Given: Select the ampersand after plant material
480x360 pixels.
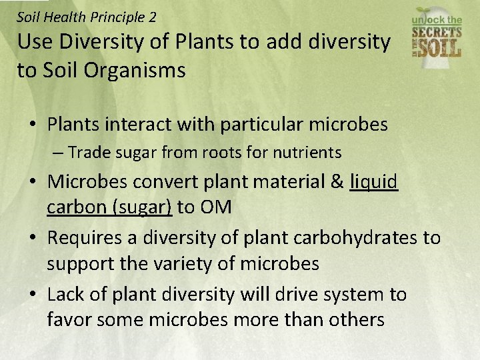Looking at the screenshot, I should point(336,181).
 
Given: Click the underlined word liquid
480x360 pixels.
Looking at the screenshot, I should point(373,181).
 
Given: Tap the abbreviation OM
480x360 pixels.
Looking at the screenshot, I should point(214,207).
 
